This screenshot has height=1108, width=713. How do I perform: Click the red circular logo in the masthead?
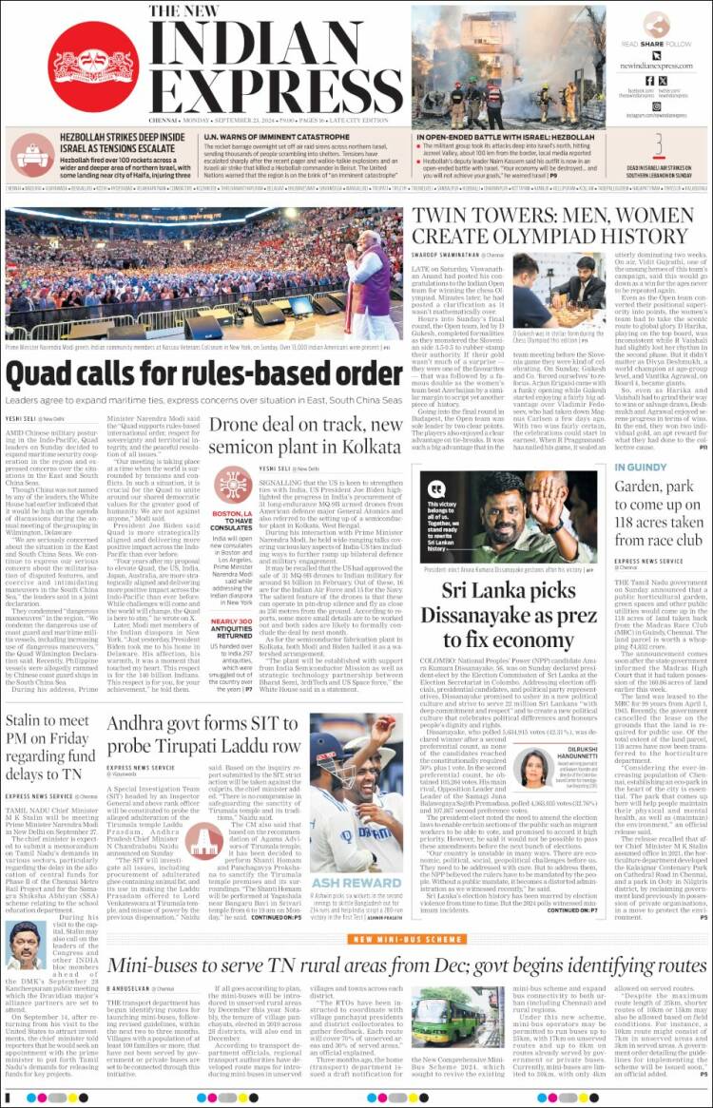pos(92,65)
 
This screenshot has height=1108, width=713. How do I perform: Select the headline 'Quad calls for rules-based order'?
pos(190,373)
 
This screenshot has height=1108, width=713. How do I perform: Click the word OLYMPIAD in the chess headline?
pos(556,236)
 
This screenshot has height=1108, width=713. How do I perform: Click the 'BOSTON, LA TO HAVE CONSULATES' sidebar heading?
pos(233,522)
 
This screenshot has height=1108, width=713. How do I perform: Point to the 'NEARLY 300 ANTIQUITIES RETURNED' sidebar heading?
pos(233,628)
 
